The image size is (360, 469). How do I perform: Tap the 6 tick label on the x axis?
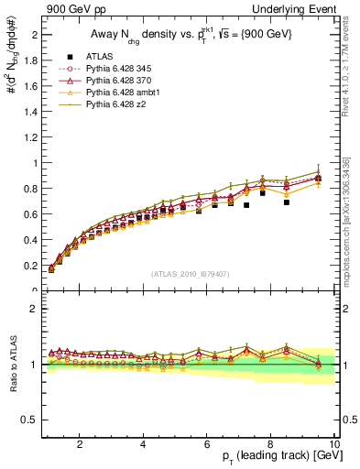coord(207,444)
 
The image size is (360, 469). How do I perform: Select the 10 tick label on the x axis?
coord(333,444)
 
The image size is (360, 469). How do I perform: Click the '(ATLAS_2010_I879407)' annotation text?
coord(191,272)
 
